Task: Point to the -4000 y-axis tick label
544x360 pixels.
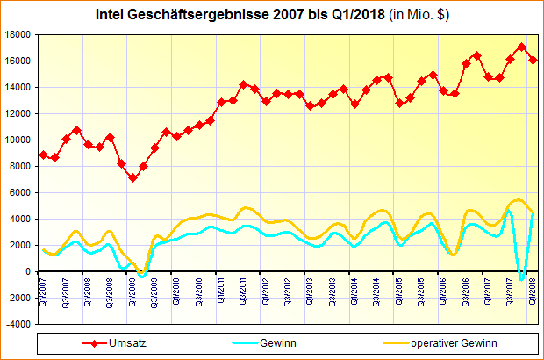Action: pos(18,324)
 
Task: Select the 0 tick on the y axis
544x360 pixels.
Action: pos(29,271)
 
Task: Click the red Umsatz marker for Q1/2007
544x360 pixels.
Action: pos(44,155)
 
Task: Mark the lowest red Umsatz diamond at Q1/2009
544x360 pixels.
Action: pos(132,178)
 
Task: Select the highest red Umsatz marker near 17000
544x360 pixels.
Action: pos(522,47)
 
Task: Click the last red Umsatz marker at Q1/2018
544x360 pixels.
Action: pos(533,60)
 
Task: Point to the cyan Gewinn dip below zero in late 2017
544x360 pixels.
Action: pos(522,279)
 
